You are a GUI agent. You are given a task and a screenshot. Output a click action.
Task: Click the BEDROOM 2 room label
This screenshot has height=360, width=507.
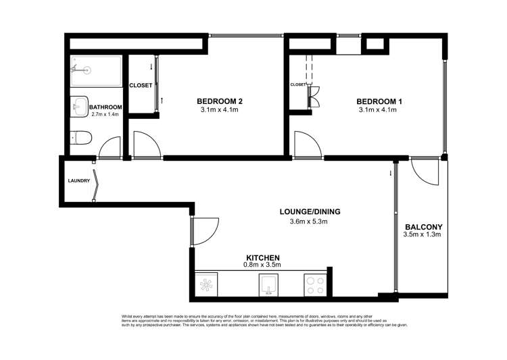pyautogui.click(x=220, y=101)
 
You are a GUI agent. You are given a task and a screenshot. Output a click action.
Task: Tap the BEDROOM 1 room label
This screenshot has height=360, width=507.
pyautogui.click(x=379, y=101)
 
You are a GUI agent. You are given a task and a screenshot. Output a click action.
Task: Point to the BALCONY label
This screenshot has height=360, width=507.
pyautogui.click(x=422, y=227)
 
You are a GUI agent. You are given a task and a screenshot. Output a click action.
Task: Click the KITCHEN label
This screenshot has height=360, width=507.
pyautogui.click(x=262, y=257)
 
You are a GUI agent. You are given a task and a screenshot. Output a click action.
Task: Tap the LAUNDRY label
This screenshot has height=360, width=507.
pyautogui.click(x=79, y=181)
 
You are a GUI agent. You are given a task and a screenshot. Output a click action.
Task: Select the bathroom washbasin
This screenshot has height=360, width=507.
pyautogui.click(x=79, y=106)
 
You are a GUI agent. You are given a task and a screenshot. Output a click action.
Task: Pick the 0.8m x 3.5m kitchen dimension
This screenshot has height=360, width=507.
pyautogui.click(x=262, y=265)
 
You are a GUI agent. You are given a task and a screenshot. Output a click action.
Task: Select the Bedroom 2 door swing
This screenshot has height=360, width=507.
pyautogui.click(x=147, y=145)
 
